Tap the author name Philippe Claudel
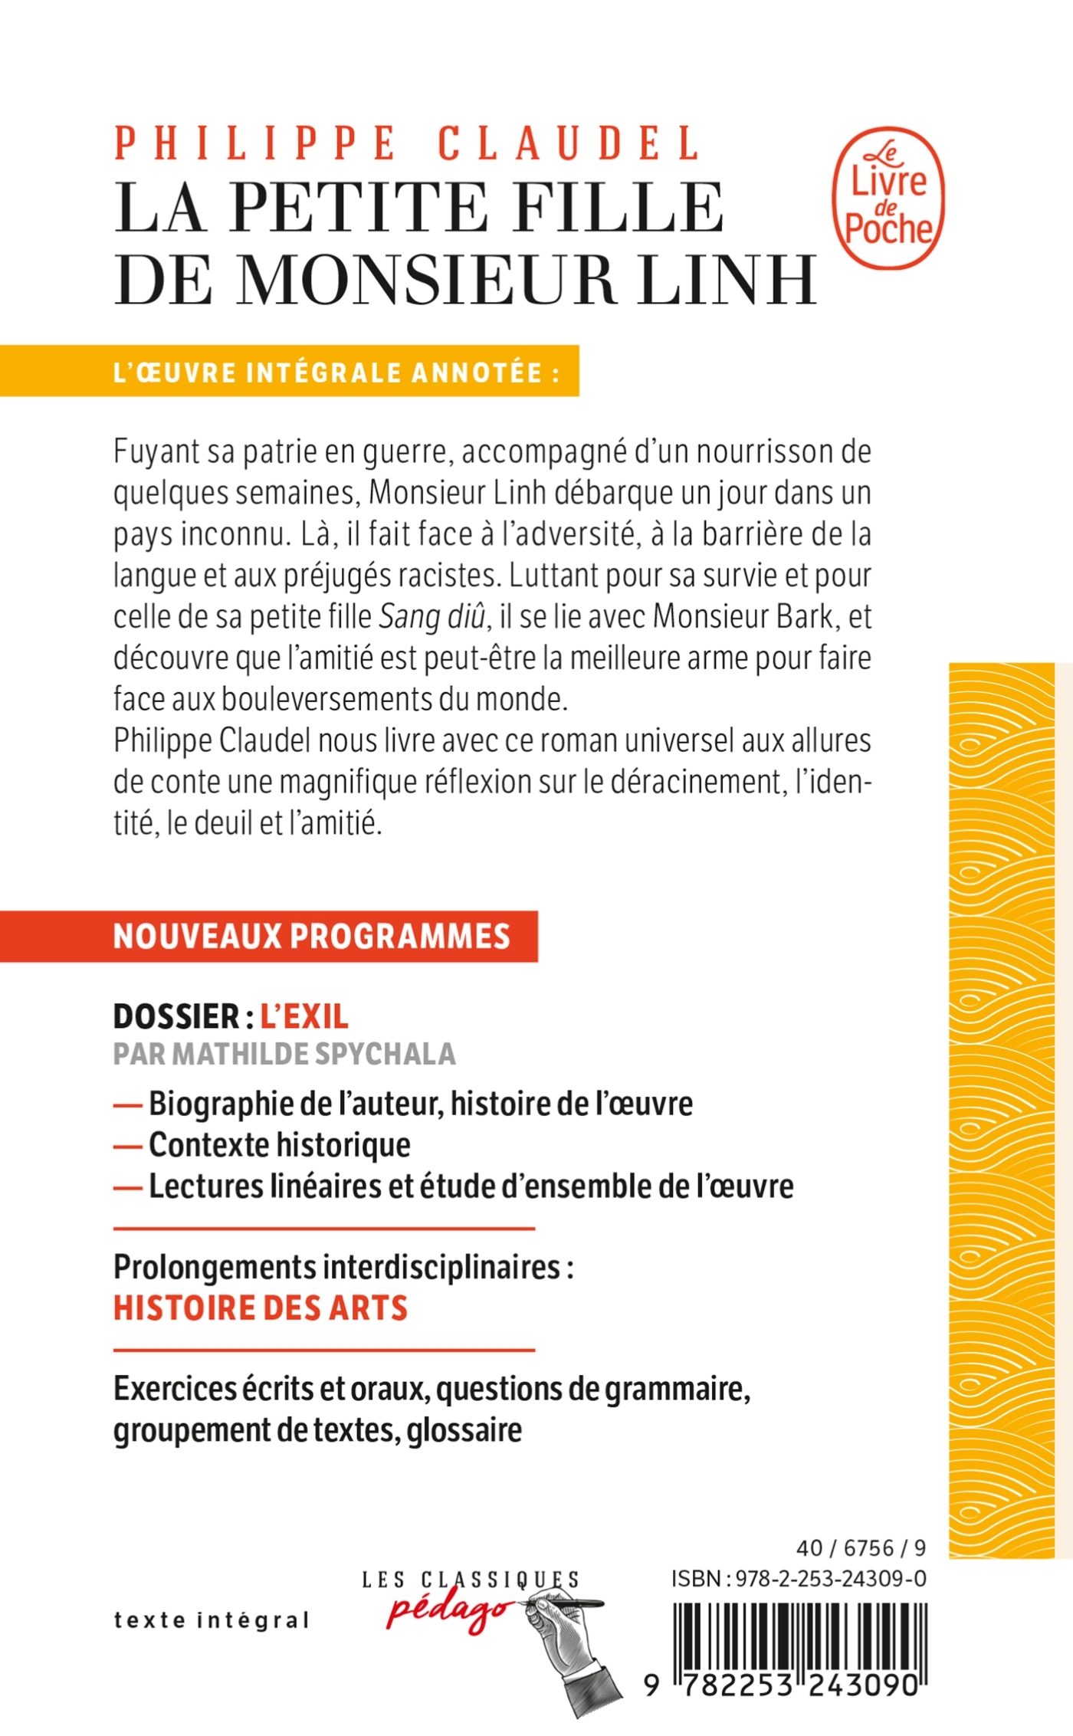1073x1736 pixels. pos(407,143)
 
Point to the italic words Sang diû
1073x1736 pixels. pos(432,617)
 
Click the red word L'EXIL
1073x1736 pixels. pos(304,1017)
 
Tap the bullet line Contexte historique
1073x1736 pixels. pos(280,1145)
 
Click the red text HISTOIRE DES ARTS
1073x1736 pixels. pos(261,1308)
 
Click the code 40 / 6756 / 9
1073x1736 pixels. pos(861,1548)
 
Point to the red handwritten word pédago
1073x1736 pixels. pos(447,1610)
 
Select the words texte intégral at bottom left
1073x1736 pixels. pos(212,1620)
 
